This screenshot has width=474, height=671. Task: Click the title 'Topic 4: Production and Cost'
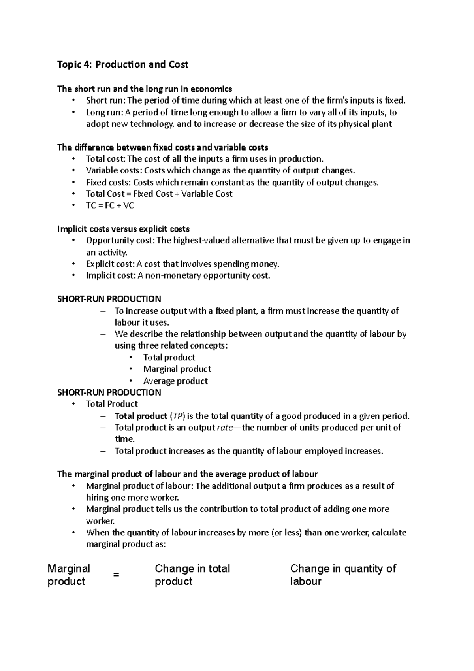coord(123,64)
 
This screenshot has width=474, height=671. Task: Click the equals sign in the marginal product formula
coord(116,575)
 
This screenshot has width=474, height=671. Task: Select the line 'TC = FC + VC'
coord(110,205)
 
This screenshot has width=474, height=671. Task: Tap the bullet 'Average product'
coord(175,381)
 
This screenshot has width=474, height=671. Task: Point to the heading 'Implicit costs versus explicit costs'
coord(123,229)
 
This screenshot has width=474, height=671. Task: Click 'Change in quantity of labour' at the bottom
coord(342,575)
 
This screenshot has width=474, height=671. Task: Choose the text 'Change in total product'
coord(192,575)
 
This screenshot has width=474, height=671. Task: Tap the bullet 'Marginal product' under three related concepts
coord(177,369)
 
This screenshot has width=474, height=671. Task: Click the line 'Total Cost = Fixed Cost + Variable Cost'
coord(159,194)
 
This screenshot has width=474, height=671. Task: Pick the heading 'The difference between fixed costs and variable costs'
coord(163,147)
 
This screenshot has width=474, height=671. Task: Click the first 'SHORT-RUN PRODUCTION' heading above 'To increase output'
coord(109,299)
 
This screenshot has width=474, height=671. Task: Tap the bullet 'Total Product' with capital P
coord(112,404)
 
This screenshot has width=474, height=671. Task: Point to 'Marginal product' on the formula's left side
coord(68,575)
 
